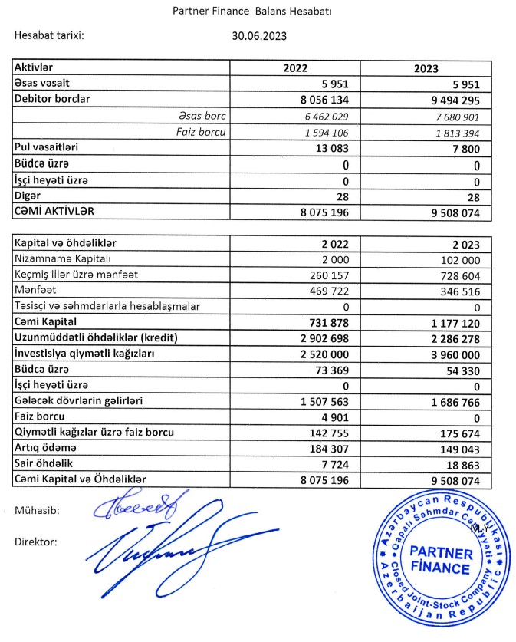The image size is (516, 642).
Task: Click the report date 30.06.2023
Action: pos(260,35)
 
